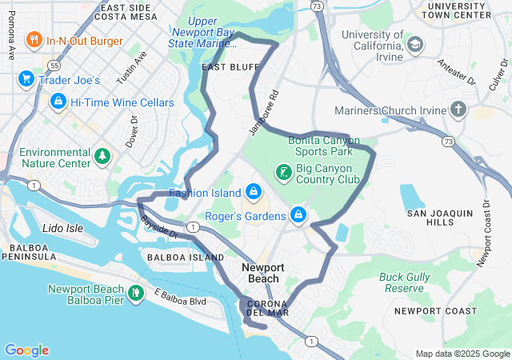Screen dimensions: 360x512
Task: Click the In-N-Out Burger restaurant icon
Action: coord(34,39)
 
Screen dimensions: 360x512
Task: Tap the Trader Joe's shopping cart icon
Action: coord(26,79)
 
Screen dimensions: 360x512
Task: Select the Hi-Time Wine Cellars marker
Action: coord(58,102)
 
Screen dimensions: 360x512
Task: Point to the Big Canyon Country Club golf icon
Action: coord(283,172)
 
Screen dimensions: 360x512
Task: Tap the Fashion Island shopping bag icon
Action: coord(253,192)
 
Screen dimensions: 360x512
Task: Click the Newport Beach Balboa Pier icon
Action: coord(135,294)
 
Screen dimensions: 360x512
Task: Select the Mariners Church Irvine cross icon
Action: coord(458,108)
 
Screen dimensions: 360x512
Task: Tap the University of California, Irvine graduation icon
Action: coord(415,45)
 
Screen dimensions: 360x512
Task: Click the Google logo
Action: coord(26,350)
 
